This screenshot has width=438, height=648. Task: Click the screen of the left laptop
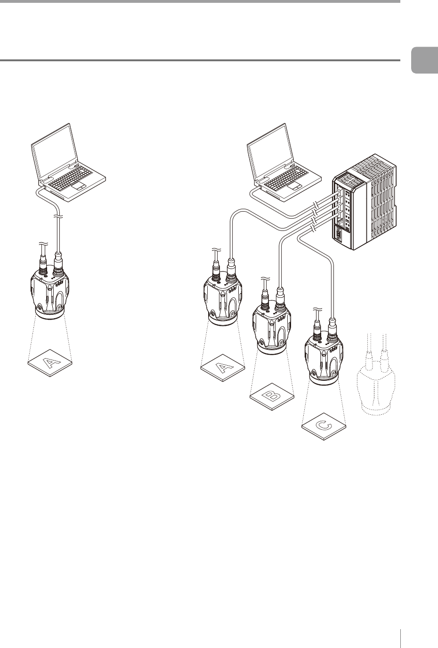[x=54, y=153]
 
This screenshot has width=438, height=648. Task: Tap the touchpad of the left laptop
[x=79, y=186]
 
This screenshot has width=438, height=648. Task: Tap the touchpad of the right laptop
[x=295, y=186]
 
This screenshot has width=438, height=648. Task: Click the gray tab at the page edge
[x=424, y=60]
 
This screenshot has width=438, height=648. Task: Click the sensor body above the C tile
[x=324, y=359]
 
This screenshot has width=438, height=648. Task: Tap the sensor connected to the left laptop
[x=50, y=292]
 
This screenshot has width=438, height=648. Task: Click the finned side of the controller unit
[x=381, y=203]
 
